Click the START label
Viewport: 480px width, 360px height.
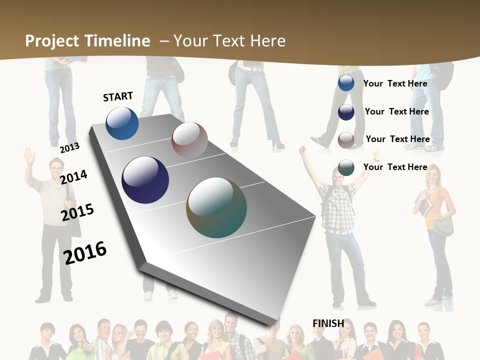tap(118, 96)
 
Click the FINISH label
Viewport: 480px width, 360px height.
tap(328, 323)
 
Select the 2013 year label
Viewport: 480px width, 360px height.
tap(69, 147)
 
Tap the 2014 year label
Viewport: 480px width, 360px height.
tap(73, 177)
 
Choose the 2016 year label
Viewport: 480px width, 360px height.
tap(85, 252)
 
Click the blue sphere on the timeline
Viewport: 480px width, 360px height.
tap(122, 123)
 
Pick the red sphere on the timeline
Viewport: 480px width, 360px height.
tap(189, 140)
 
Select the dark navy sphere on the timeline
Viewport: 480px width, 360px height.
tap(145, 180)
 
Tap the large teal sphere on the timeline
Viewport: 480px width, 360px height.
tap(216, 207)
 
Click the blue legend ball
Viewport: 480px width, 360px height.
tap(346, 83)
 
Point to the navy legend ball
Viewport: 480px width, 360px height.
tap(346, 112)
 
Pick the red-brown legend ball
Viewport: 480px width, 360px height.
tap(346, 140)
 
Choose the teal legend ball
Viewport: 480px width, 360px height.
tap(346, 167)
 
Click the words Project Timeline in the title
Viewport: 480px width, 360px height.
tap(87, 41)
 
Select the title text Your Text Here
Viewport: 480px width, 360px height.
tap(229, 41)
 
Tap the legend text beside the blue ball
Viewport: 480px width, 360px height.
tap(395, 83)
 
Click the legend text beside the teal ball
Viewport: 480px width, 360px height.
tap(395, 167)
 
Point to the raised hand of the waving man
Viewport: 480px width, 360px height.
tap(28, 155)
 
